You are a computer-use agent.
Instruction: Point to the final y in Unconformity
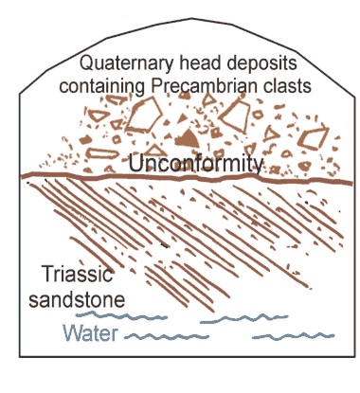pyautogui.click(x=256, y=165)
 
